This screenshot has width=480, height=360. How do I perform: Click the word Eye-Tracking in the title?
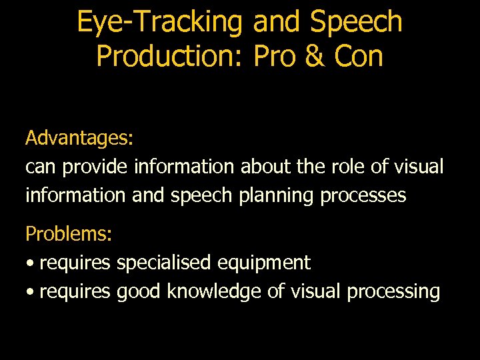pos(159,22)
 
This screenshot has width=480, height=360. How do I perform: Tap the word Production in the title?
pos(171,56)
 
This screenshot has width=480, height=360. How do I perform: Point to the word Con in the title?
pos(359,56)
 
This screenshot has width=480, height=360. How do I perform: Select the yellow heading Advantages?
pos(79,138)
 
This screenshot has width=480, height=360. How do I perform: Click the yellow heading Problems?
pos(69,234)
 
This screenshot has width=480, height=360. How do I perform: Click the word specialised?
pos(164,263)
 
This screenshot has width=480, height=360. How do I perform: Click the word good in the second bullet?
pos(139,292)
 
